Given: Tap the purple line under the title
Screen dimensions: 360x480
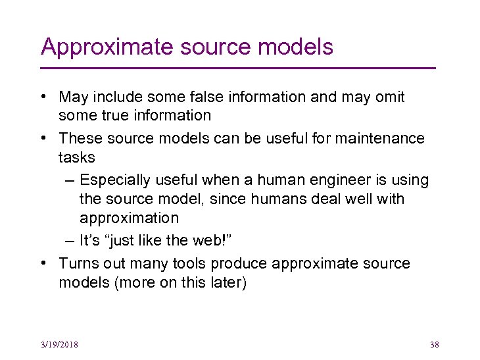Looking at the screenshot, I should click(x=238, y=68).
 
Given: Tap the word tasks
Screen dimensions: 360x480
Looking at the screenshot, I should click(x=77, y=157).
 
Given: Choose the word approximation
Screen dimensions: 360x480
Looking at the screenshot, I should click(x=129, y=218).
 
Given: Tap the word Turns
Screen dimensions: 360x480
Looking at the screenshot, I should click(x=78, y=264).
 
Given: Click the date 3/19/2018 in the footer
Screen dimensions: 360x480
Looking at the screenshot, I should click(x=59, y=344).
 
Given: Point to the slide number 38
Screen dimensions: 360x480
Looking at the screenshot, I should click(x=433, y=344).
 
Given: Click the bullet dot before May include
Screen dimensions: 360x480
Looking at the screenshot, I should click(x=43, y=97).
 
